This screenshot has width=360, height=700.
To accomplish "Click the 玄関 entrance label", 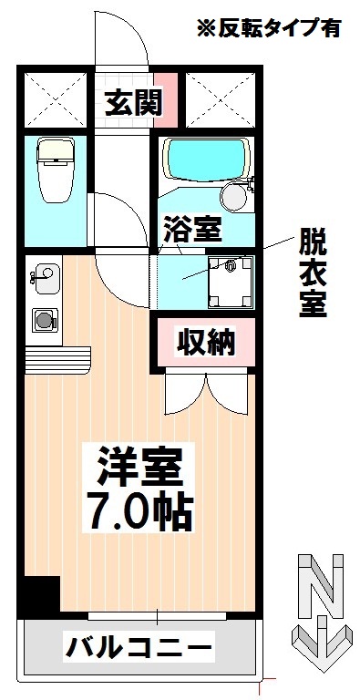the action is click(x=133, y=102).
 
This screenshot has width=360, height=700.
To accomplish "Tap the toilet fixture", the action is click(x=56, y=170).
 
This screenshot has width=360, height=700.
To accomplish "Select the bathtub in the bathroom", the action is click(x=206, y=160).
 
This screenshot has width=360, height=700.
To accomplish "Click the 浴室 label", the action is click(x=192, y=229).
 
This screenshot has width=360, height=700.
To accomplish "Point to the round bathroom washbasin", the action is click(x=234, y=197).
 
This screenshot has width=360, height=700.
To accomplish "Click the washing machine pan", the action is click(x=231, y=283).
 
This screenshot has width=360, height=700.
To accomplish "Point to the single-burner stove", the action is click(x=45, y=320).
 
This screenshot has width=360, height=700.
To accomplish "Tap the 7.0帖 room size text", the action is click(x=141, y=512).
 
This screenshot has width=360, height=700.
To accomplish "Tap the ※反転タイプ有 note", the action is click(x=269, y=27).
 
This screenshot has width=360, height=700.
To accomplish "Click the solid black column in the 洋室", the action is click(x=42, y=592).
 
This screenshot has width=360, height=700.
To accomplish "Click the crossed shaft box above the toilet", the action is click(x=55, y=98).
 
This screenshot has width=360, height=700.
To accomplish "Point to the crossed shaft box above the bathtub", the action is click(x=220, y=98).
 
